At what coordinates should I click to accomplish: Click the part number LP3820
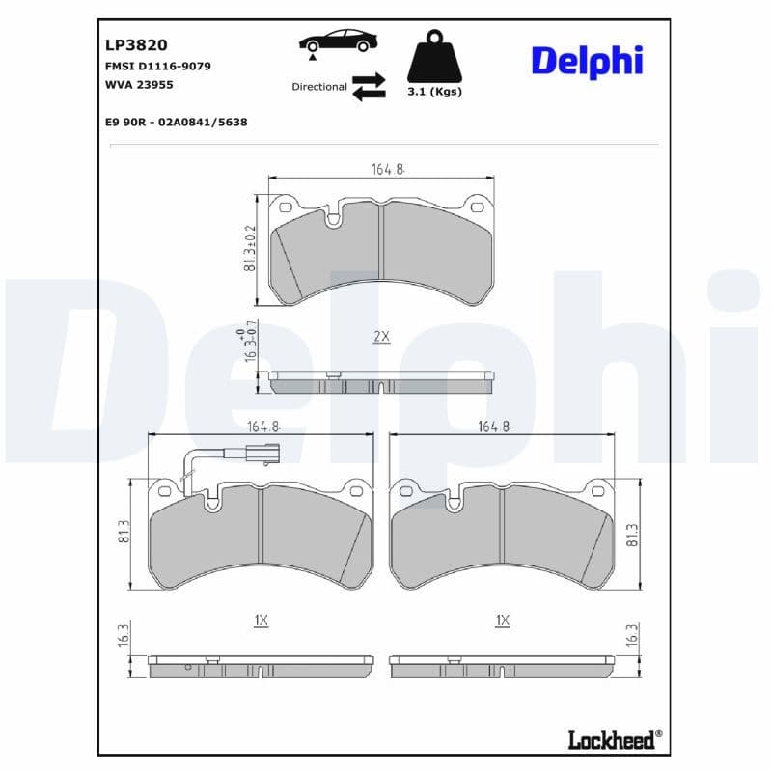(x=136, y=44)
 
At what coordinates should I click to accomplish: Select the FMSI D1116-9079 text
(x=157, y=66)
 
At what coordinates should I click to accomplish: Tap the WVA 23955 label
(x=139, y=84)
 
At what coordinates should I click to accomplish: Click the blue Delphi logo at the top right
(x=586, y=60)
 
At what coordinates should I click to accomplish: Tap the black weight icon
(x=435, y=58)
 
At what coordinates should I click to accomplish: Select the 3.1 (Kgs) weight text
(x=434, y=92)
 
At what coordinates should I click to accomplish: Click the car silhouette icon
(x=338, y=42)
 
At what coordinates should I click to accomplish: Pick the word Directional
(x=319, y=87)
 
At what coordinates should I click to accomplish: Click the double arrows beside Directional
(x=369, y=86)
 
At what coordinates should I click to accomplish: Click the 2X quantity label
(x=381, y=337)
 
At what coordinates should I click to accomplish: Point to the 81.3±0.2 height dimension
(x=250, y=248)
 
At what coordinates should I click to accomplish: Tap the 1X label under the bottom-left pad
(x=261, y=620)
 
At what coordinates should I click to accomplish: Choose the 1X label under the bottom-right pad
(x=501, y=620)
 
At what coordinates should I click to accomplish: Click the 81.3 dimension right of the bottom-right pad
(x=632, y=536)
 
